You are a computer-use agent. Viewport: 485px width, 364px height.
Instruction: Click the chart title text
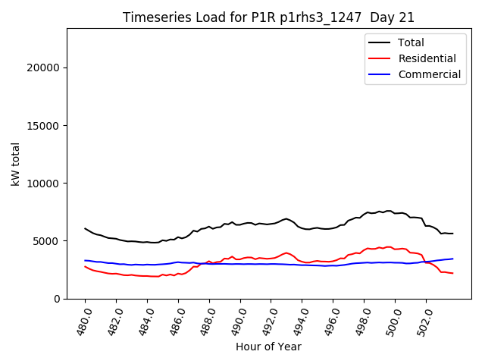269,17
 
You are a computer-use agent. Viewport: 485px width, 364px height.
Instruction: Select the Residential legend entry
427,58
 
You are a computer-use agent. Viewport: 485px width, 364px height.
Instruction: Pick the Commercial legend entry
429,74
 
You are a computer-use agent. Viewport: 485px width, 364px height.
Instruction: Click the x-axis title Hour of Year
268,347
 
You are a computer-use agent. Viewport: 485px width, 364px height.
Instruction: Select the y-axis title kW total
16,164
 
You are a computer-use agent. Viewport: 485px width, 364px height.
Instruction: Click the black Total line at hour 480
86,228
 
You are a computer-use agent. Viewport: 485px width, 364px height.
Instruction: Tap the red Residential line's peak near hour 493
286,253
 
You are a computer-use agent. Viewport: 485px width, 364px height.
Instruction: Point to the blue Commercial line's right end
452,259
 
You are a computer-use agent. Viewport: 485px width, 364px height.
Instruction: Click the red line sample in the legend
380,58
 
